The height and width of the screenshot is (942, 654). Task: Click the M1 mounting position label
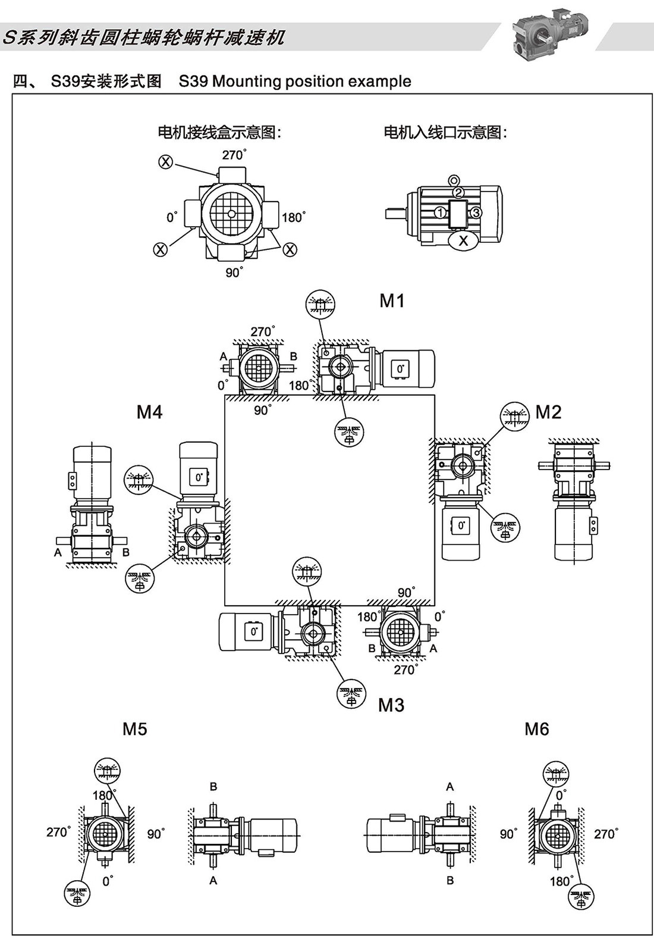[392, 301]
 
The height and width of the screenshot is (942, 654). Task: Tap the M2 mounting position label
[548, 412]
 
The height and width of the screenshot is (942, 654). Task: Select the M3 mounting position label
[391, 705]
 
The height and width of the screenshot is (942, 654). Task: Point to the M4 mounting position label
[149, 412]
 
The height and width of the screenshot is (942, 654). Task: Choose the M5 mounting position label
[134, 729]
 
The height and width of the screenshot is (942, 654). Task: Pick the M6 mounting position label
[536, 729]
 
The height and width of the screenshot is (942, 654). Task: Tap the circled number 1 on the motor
[440, 212]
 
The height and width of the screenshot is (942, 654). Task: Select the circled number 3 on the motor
[476, 212]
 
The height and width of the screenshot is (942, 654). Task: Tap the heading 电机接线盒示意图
[219, 132]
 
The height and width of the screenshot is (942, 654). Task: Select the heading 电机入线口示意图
[445, 132]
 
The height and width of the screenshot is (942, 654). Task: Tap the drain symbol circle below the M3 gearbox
[352, 694]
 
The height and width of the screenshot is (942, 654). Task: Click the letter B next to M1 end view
[293, 356]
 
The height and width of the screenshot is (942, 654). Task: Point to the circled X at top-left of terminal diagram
[166, 161]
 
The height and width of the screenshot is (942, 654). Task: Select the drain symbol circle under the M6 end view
[581, 896]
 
